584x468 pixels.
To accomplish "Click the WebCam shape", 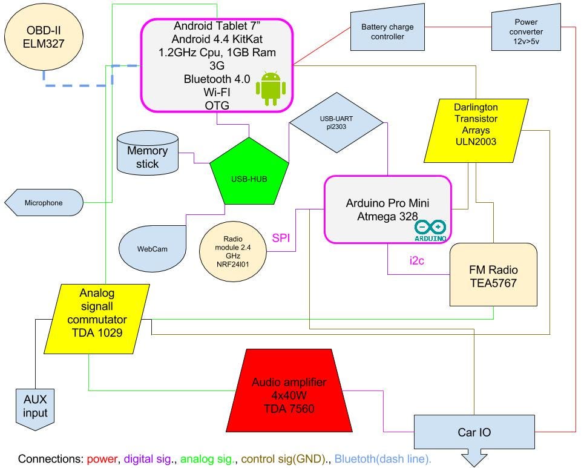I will (152, 248).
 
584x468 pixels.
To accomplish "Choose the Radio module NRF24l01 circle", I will (232, 248).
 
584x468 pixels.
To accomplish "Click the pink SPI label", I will (280, 238).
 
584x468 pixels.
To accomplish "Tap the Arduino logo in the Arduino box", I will (430, 230).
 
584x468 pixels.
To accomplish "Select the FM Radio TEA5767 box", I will (493, 275).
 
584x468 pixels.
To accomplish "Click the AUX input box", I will (35, 407).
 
